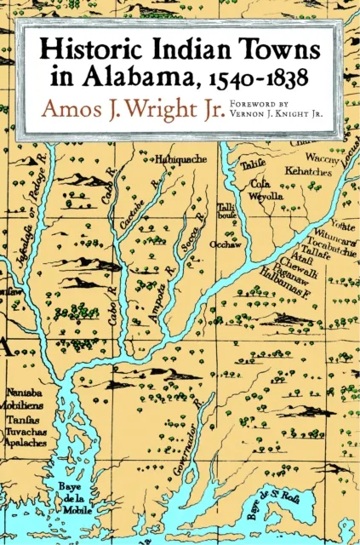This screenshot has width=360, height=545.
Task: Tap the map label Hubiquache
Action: pos(178,158)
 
